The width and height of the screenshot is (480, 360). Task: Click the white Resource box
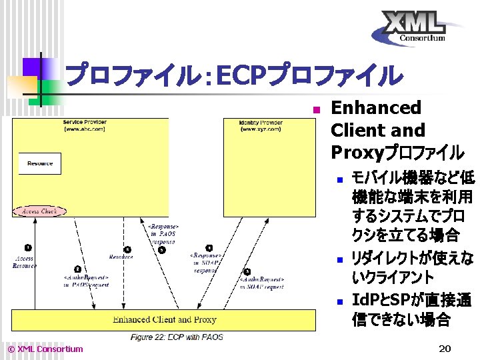click(40, 163)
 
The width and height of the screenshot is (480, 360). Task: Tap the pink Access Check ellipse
click(39, 211)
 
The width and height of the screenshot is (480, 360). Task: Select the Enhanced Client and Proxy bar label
click(164, 320)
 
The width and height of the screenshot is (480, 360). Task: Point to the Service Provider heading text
click(85, 123)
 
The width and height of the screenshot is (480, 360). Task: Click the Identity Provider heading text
click(261, 123)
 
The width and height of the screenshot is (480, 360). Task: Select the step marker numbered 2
click(78, 268)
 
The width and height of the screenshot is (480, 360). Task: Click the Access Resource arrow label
click(24, 262)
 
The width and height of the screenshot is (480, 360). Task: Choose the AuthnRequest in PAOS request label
click(86, 281)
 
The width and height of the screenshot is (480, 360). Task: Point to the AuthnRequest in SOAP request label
click(262, 283)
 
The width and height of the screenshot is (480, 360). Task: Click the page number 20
click(445, 349)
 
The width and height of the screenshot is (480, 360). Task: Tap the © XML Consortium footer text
click(45, 349)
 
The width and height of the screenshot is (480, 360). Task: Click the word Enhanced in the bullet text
click(376, 108)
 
